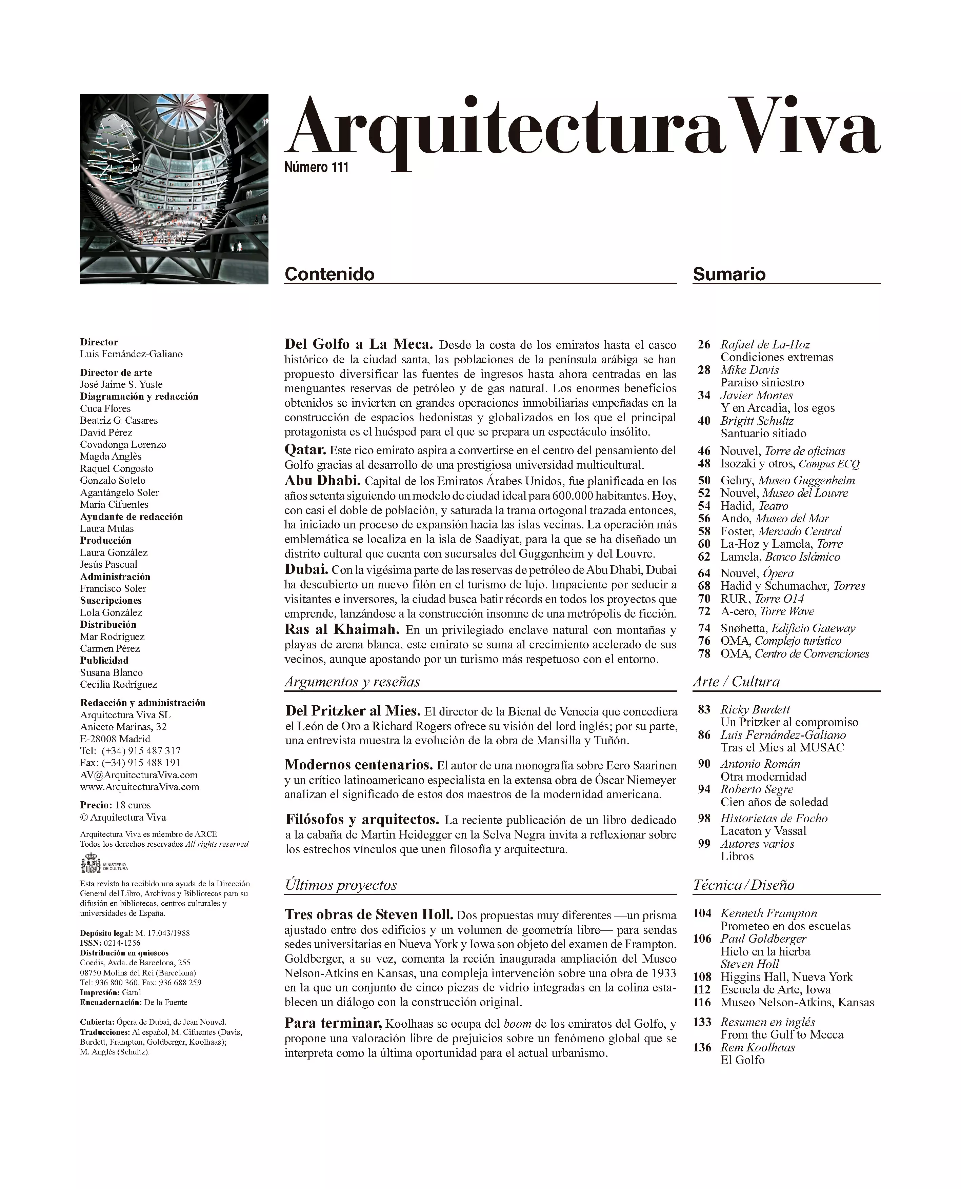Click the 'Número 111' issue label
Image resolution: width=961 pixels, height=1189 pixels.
316,167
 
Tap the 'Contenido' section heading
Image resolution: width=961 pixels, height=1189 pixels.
329,274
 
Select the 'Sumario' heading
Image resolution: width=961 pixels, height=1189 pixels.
729,274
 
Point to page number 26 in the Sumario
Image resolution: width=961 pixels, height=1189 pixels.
704,344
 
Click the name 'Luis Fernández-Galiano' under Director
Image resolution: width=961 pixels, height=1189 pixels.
131,354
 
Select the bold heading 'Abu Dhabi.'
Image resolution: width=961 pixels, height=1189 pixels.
322,481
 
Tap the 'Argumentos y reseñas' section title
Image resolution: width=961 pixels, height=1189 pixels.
352,682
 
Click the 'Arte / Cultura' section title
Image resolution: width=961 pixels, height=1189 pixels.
736,682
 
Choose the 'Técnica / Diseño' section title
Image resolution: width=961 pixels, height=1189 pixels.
743,885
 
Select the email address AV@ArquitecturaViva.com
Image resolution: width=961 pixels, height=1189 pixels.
139,775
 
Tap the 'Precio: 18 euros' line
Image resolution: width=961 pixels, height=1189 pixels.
115,805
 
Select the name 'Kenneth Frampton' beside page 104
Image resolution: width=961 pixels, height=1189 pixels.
768,913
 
